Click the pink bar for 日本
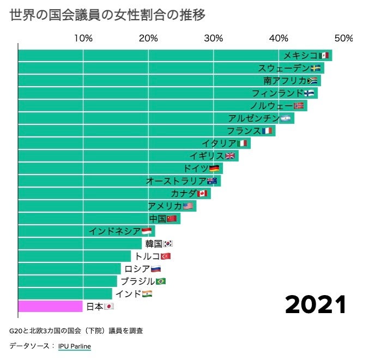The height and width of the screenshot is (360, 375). click(50, 307)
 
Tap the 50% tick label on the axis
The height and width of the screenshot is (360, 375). click(343, 38)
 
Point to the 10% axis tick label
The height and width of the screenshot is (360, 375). click(83, 38)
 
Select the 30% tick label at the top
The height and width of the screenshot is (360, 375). click(214, 38)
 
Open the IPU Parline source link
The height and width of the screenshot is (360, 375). click(75, 346)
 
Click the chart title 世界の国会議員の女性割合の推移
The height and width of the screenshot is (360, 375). click(107, 15)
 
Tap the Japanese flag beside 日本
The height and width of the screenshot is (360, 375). click(108, 307)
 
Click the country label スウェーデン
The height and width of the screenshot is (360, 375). click(283, 68)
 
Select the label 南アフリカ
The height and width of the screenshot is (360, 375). click(285, 81)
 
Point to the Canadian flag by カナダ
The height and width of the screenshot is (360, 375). click(202, 194)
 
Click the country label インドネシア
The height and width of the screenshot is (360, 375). click(114, 231)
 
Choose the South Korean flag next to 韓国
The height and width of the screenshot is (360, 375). click(168, 244)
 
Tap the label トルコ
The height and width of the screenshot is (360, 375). click(148, 256)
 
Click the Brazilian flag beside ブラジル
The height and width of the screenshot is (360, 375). click(160, 281)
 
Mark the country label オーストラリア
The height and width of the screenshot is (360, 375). click(176, 181)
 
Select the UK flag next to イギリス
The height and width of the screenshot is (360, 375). click(230, 156)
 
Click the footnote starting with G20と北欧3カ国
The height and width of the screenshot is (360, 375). click(76, 331)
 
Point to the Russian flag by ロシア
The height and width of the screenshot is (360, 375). click(155, 269)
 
